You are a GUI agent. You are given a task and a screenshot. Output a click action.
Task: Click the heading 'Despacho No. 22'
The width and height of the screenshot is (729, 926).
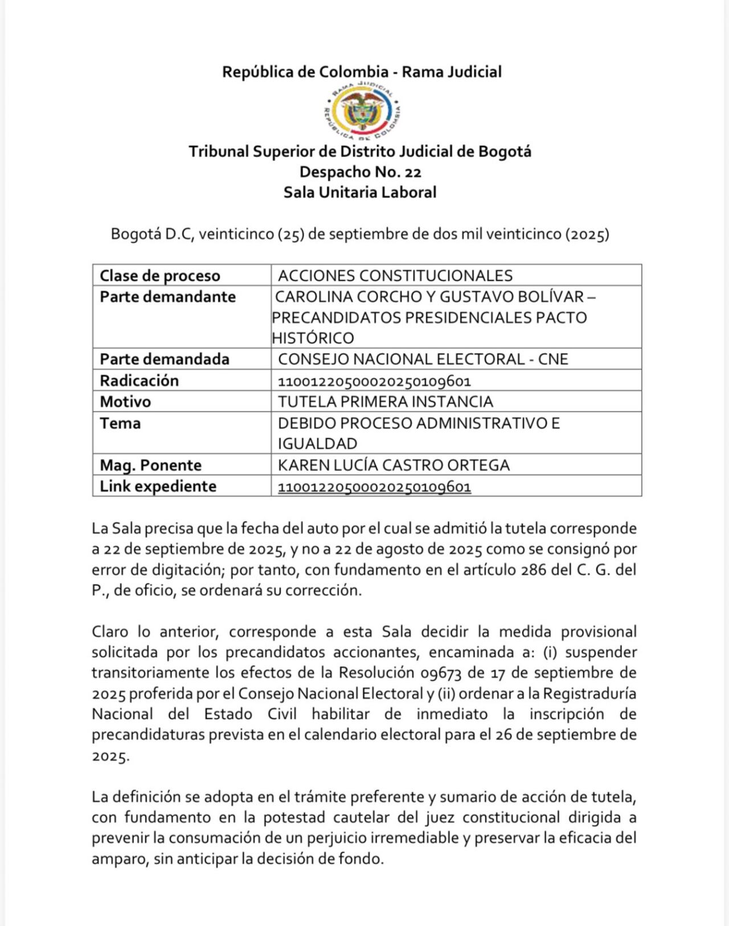click(x=360, y=172)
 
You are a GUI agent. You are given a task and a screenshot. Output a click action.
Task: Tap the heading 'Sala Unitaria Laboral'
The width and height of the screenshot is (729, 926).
click(x=360, y=192)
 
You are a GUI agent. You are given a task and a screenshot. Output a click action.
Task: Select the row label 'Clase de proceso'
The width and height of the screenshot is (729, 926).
click(x=160, y=275)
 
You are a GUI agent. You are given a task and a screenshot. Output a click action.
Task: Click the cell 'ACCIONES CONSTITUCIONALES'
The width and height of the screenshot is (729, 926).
click(x=395, y=275)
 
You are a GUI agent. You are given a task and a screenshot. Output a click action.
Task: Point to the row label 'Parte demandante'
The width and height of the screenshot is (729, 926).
click(x=167, y=297)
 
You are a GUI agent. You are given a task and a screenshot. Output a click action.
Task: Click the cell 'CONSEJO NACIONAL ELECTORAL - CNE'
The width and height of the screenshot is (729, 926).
click(x=423, y=359)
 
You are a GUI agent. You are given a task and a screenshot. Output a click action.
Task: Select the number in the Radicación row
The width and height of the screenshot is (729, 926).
click(x=374, y=381)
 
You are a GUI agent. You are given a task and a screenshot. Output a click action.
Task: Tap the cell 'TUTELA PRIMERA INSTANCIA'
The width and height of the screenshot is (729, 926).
click(x=385, y=402)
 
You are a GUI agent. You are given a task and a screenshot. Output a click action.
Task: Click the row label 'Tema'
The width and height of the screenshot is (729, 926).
click(x=120, y=423)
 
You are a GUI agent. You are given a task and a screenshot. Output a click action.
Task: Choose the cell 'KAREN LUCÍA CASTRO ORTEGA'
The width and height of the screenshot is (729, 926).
click(x=394, y=465)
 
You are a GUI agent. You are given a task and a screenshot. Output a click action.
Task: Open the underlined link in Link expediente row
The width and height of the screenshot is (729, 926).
click(x=374, y=487)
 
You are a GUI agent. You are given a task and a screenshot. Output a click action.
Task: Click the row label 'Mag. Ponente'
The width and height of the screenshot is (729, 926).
click(x=150, y=465)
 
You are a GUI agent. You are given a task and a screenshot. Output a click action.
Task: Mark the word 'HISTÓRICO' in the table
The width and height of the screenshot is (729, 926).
click(x=313, y=338)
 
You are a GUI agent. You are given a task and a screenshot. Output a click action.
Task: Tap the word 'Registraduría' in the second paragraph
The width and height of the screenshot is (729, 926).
click(x=589, y=693)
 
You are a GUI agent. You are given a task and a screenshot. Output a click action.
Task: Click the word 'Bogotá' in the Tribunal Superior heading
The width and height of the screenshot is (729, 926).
click(x=504, y=151)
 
